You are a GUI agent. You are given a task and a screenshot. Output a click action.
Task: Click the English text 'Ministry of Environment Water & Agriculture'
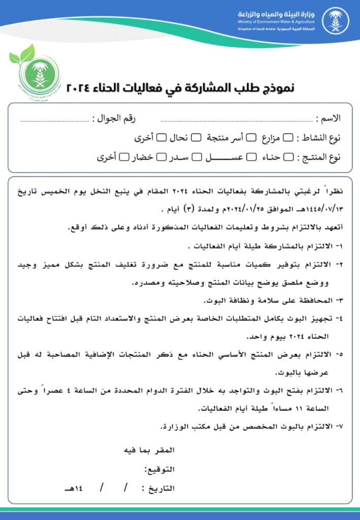pos(276,22)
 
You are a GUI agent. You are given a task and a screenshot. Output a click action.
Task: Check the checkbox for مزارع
pos(288,138)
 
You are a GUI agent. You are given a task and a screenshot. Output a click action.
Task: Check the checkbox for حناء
pos(288,157)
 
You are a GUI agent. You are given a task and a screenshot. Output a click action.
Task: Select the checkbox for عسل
pos(251,157)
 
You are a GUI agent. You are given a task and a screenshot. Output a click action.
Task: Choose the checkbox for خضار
pos(161,157)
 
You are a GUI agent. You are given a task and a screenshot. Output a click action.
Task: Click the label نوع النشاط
pos(322,138)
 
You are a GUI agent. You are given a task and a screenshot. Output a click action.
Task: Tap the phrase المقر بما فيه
pos(150,450)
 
